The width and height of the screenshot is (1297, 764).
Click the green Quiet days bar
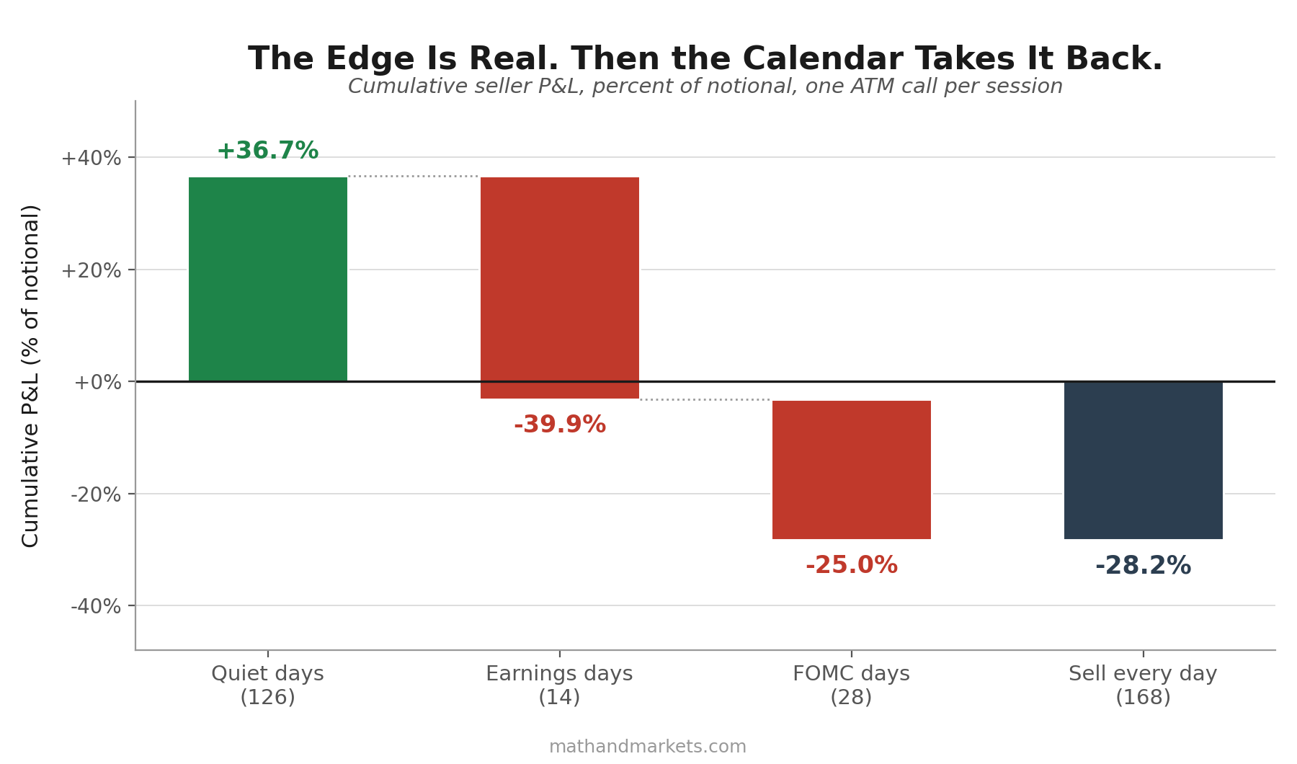click(x=268, y=279)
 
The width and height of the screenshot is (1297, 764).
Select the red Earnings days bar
click(x=560, y=288)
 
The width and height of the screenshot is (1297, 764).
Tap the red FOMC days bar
click(x=852, y=470)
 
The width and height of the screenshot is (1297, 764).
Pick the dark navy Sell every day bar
click(x=1144, y=460)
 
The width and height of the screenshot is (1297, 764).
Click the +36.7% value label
click(x=267, y=151)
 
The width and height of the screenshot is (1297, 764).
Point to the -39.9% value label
click(x=560, y=425)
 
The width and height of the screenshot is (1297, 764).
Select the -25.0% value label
click(x=852, y=565)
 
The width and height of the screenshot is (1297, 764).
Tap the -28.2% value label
click(x=1144, y=566)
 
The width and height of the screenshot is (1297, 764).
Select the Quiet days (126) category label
click(x=267, y=685)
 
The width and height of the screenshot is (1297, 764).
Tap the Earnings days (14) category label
click(x=559, y=685)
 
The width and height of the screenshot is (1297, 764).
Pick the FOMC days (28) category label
click(x=851, y=685)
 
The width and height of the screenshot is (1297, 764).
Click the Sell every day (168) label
click(x=1143, y=685)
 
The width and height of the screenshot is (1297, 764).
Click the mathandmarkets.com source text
click(x=648, y=747)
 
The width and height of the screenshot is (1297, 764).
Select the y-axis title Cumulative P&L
click(x=31, y=376)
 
